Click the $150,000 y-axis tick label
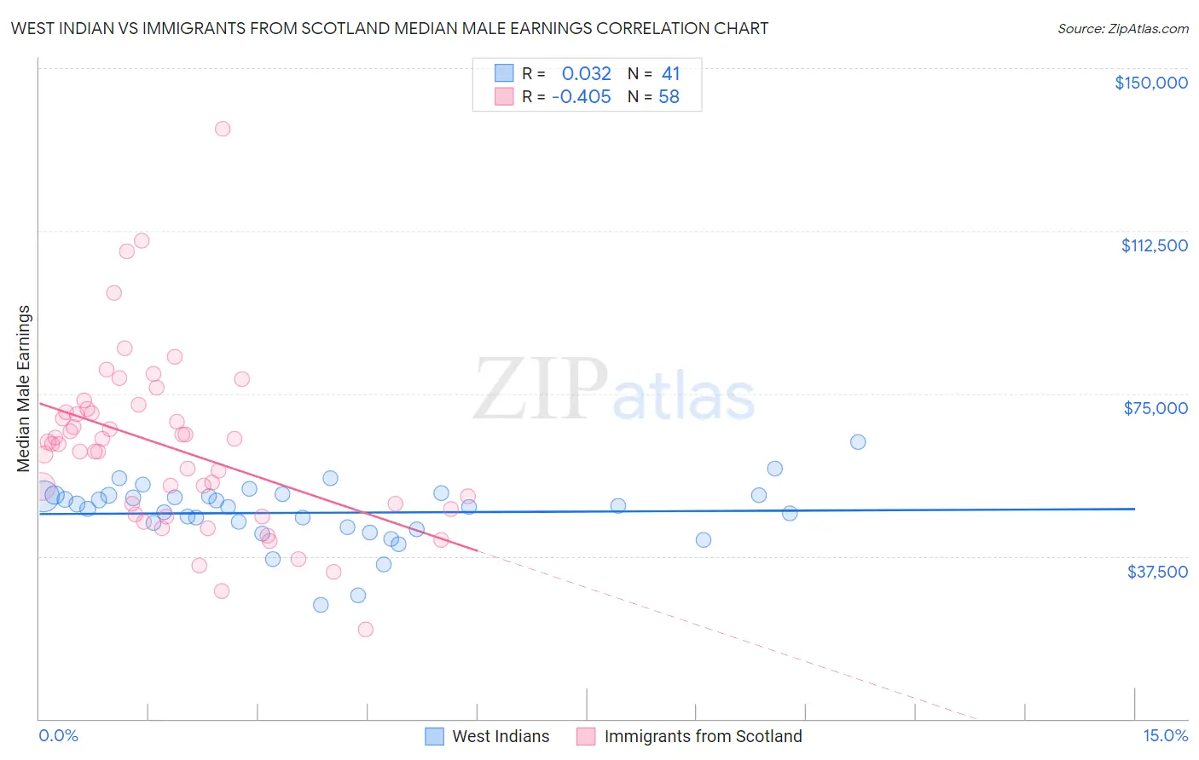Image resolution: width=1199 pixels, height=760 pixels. click(x=1150, y=83)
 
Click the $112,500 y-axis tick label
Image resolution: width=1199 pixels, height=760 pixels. click(x=1154, y=245)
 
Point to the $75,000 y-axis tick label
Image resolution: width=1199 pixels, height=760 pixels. click(x=1156, y=408)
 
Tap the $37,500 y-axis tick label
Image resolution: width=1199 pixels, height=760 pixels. click(x=1157, y=572)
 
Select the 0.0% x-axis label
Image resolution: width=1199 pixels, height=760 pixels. click(x=58, y=736)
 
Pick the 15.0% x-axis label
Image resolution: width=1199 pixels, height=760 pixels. click(x=1165, y=736)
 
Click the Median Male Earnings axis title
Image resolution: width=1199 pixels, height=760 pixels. click(x=24, y=388)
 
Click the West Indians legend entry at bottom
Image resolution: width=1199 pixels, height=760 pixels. click(x=501, y=736)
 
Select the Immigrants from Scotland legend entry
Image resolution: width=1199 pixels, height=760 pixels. click(x=703, y=736)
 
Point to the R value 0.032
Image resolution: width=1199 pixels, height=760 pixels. click(x=586, y=74)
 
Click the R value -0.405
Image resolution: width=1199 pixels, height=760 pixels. click(x=582, y=97)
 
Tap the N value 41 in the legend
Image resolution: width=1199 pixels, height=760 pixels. click(x=670, y=74)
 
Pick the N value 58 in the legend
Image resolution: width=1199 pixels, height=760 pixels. click(x=669, y=97)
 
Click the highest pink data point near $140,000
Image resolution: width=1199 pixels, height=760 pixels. click(x=223, y=129)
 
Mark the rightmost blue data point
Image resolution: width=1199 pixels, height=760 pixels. click(x=858, y=442)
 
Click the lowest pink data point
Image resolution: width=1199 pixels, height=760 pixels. click(x=366, y=630)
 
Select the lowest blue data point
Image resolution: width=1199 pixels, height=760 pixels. click(x=321, y=605)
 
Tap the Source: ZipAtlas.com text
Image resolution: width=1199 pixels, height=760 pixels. click(x=1122, y=29)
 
